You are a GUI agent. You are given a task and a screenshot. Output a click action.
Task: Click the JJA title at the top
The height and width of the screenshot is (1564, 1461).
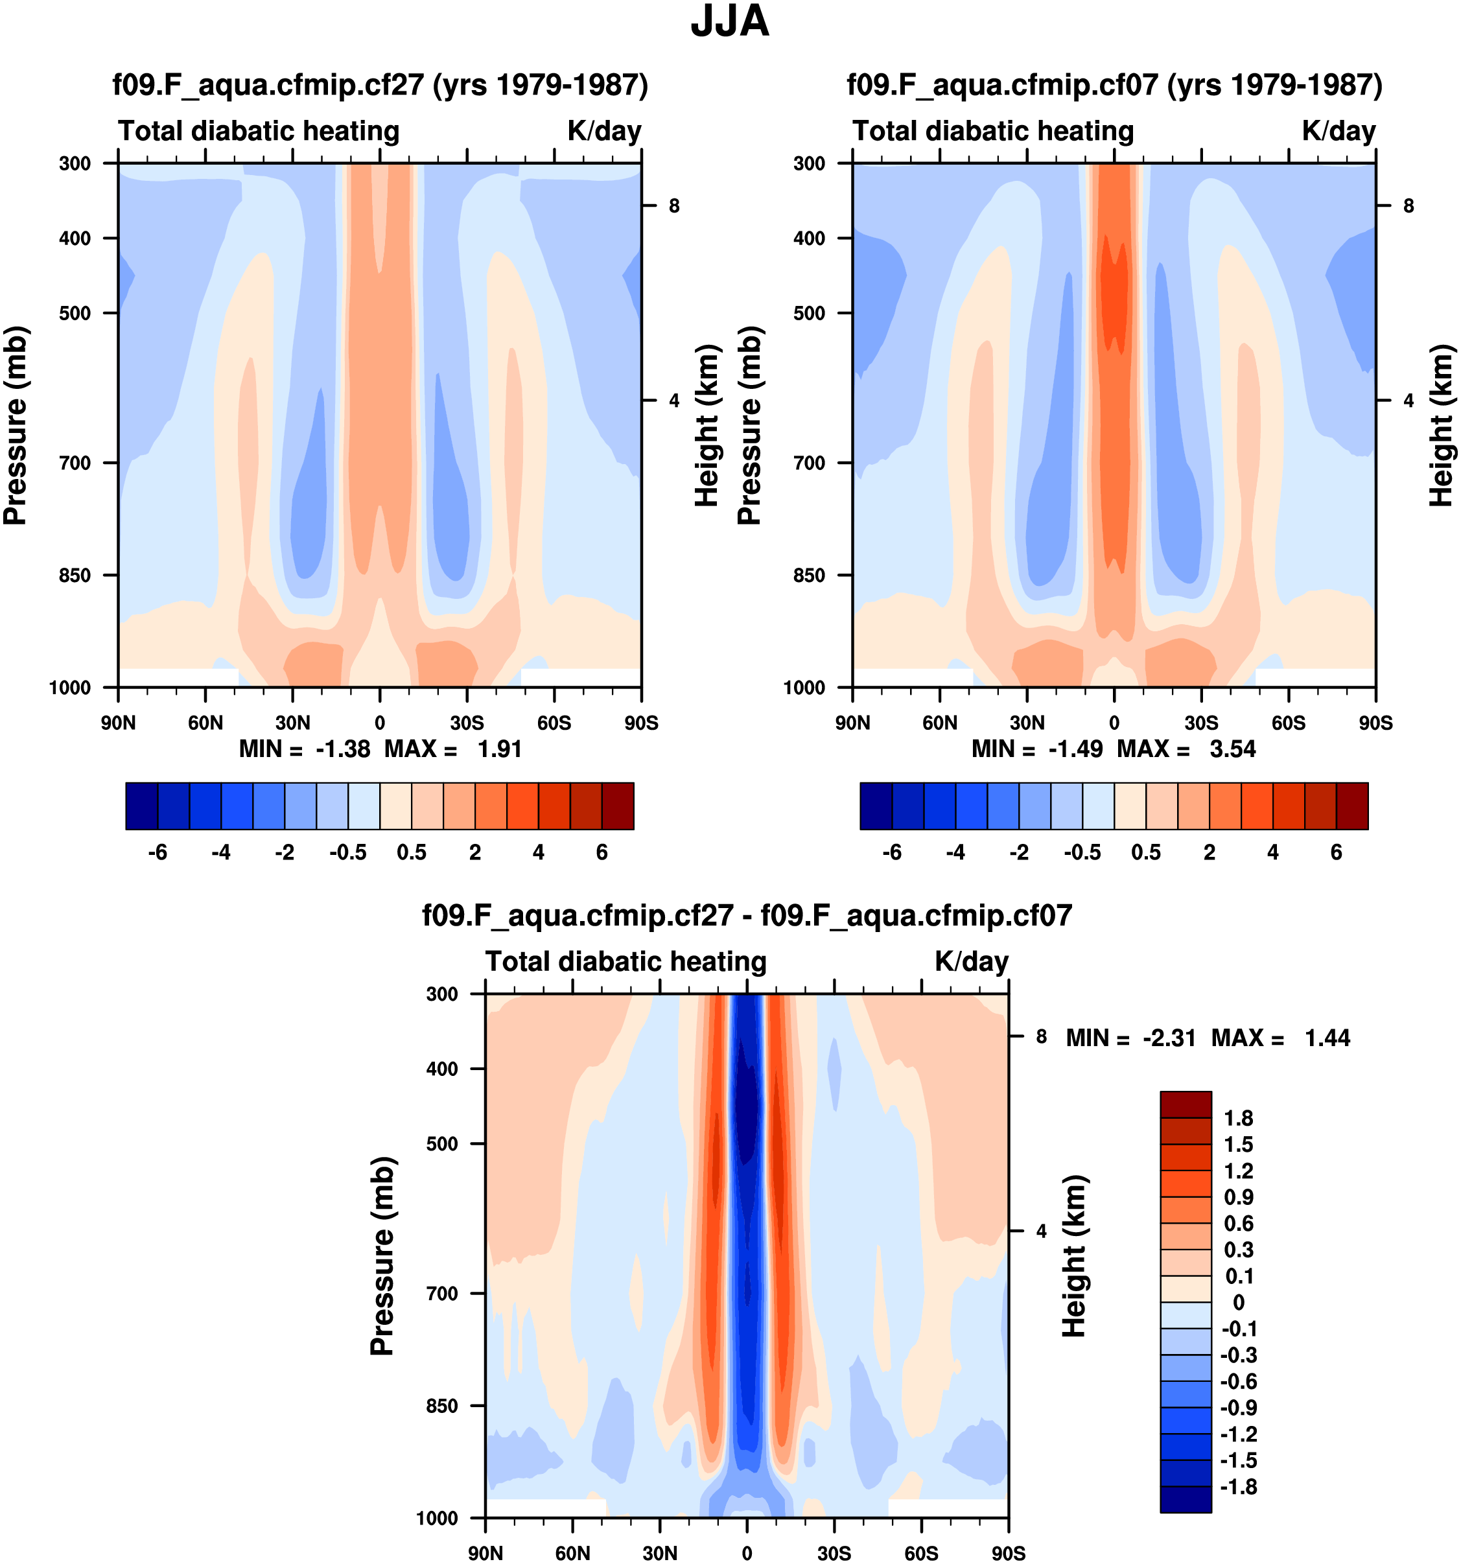pyautogui.click(x=729, y=22)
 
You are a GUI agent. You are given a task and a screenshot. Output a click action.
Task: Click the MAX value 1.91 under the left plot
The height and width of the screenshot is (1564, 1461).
pyautogui.click(x=500, y=749)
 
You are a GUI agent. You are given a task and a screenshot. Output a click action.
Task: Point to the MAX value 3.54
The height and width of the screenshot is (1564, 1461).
pyautogui.click(x=1233, y=749)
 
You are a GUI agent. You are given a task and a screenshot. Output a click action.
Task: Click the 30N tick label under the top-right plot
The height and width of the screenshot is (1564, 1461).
pyautogui.click(x=1027, y=723)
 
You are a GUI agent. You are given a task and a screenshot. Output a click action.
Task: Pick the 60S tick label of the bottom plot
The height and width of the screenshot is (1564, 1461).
pyautogui.click(x=920, y=1554)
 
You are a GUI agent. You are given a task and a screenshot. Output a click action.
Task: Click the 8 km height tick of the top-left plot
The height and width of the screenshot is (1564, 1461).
pyautogui.click(x=674, y=206)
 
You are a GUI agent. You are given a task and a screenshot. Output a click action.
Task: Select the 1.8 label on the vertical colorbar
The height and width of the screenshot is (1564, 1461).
pyautogui.click(x=1238, y=1118)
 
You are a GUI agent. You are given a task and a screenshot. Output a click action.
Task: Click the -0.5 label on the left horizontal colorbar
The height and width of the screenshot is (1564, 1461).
pyautogui.click(x=347, y=853)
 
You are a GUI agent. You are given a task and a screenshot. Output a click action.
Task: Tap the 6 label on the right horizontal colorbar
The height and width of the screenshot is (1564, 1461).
pyautogui.click(x=1336, y=853)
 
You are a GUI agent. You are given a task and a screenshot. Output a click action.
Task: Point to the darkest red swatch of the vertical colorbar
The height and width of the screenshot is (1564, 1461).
pyautogui.click(x=1186, y=1104)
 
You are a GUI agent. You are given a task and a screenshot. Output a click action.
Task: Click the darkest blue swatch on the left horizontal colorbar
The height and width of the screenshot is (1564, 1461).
pyautogui.click(x=141, y=806)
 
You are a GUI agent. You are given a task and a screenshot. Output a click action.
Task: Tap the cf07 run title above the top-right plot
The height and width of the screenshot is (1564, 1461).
pyautogui.click(x=1114, y=85)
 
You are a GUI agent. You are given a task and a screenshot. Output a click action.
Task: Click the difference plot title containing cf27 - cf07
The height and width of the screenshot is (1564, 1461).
pyautogui.click(x=747, y=916)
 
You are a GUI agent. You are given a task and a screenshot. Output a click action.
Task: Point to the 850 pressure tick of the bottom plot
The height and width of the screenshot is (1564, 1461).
pyautogui.click(x=441, y=1406)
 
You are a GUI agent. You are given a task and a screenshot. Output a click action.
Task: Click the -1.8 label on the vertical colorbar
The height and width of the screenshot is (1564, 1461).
pyautogui.click(x=1238, y=1487)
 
